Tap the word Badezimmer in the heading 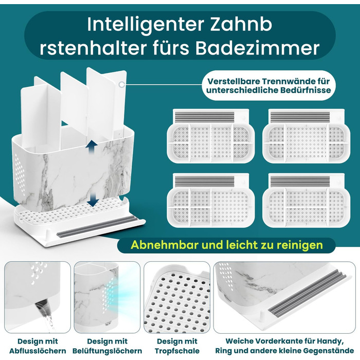tap(258, 48)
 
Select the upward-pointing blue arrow tap(92, 147)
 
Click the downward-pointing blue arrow tap(93, 200)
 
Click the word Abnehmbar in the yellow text tap(165, 245)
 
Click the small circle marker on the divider tap(122, 84)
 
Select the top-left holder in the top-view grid tap(210, 136)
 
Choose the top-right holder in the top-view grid tap(307, 136)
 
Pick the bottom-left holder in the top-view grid tap(210, 200)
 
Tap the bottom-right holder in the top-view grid tap(307, 200)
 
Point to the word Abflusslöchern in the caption tap(38, 351)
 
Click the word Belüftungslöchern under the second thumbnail tap(107, 351)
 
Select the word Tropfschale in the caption tap(177, 351)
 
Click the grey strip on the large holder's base tap(98, 227)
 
